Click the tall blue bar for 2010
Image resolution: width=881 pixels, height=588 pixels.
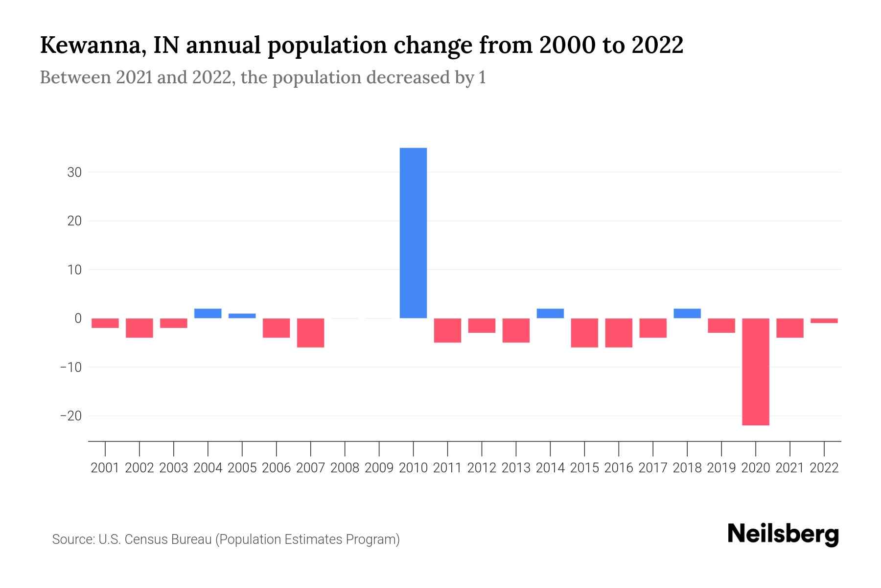pos(413,233)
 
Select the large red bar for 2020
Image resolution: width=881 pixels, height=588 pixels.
pos(755,371)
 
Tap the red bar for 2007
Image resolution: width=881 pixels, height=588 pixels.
pos(310,333)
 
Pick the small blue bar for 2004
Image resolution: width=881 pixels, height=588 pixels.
pos(208,314)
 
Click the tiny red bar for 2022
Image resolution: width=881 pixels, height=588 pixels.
pos(824,321)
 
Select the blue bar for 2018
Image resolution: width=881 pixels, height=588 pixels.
pos(687,314)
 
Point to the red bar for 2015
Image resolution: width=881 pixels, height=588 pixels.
pos(584,333)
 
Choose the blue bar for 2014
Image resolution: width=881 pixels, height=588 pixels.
pos(550,314)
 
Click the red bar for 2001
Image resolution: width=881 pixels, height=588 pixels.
pos(105,323)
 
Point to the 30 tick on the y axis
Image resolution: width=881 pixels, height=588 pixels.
pos(74,172)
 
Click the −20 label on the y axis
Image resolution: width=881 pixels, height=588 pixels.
pos(70,416)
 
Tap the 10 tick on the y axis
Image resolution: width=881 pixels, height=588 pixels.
pos(74,270)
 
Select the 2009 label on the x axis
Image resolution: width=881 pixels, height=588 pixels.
pos(379,468)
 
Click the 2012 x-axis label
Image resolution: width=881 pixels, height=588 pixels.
pos(482,468)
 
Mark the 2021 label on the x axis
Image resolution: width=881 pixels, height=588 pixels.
pos(789,468)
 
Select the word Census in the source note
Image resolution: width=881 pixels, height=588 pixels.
pos(146,539)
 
